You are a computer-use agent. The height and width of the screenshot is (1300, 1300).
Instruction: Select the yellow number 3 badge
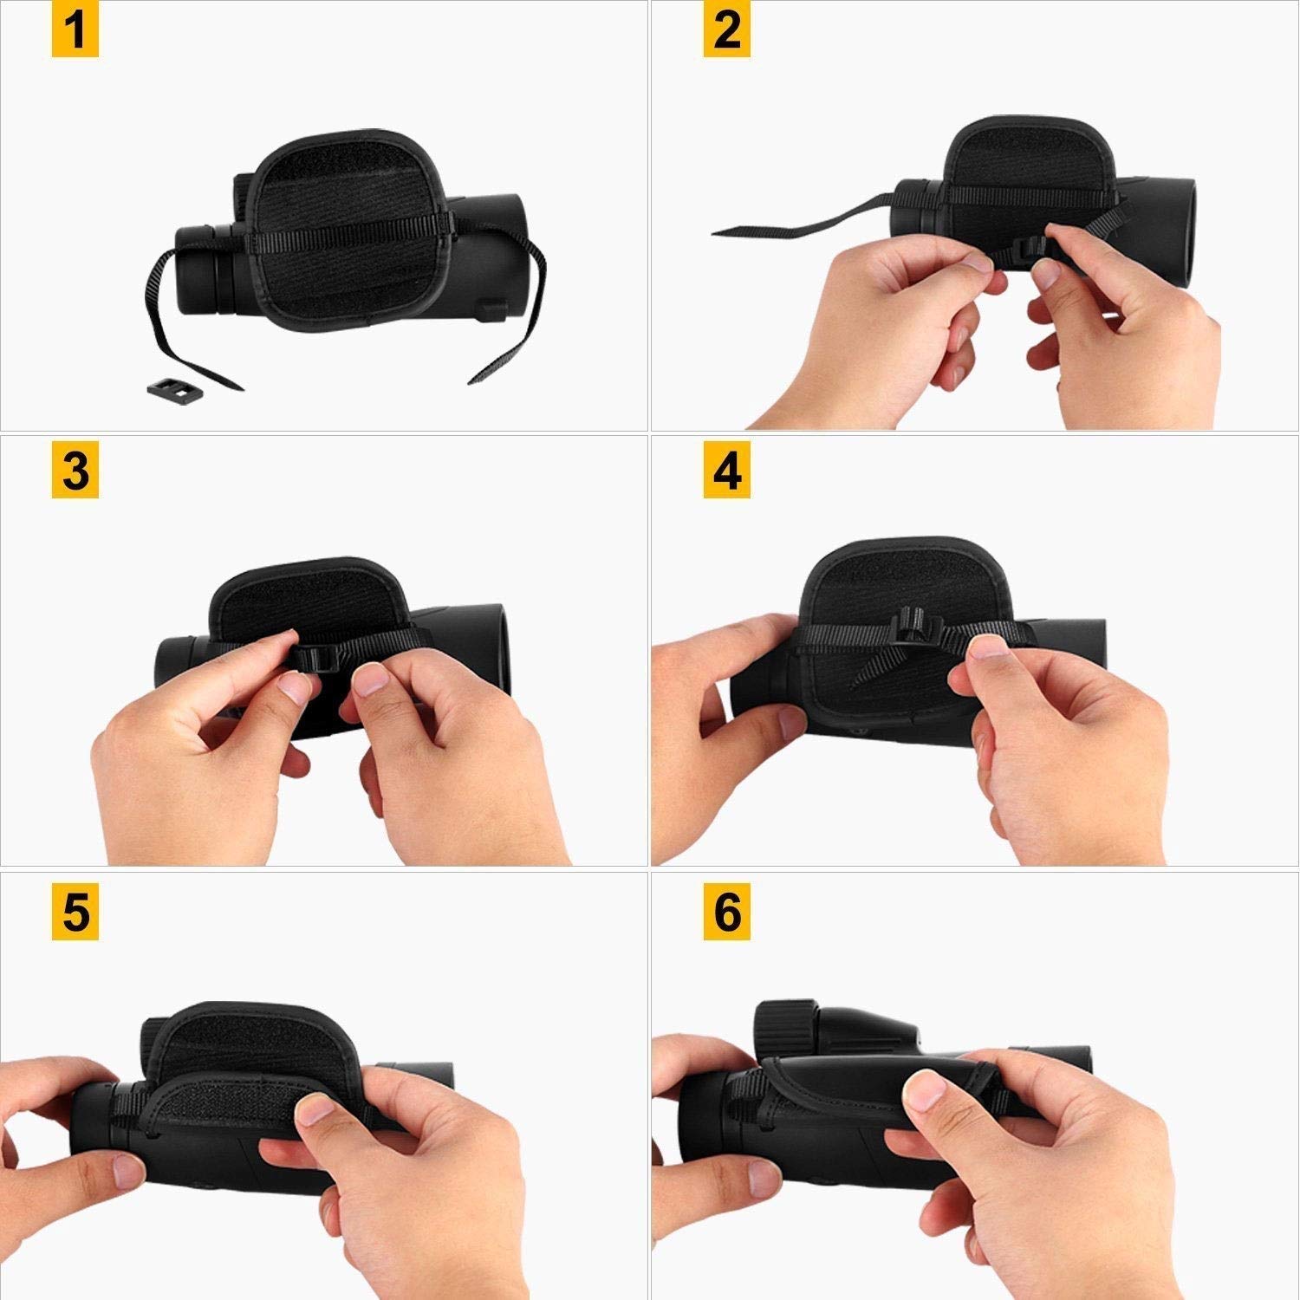click(75, 473)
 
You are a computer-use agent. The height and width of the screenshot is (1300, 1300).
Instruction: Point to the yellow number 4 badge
click(726, 473)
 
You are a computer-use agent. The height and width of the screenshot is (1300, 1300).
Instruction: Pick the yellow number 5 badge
click(75, 913)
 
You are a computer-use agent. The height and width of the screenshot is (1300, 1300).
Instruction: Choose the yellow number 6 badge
click(726, 913)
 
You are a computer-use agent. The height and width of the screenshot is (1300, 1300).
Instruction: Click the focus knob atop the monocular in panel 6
click(788, 1028)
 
